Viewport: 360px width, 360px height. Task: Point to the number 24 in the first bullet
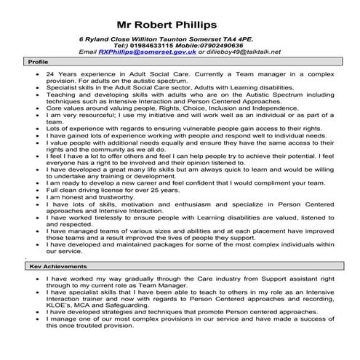(49, 74)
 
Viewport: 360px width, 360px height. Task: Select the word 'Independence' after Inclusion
(275, 108)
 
